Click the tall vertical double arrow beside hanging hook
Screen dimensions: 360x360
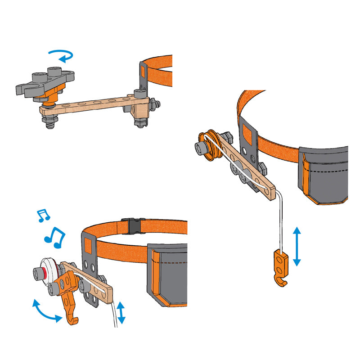(297, 247)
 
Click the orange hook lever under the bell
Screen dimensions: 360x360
(70, 299)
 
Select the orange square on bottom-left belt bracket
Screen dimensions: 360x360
(88, 246)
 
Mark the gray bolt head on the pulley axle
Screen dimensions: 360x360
(199, 148)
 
